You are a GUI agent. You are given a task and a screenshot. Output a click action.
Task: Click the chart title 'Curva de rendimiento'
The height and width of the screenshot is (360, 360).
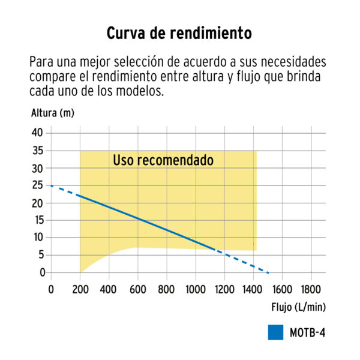179,33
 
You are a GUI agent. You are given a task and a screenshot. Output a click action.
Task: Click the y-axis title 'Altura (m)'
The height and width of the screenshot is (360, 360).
52,112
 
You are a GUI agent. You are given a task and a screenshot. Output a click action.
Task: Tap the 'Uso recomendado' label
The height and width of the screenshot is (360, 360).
163,161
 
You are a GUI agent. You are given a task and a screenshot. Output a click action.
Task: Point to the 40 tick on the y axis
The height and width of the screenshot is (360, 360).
38,133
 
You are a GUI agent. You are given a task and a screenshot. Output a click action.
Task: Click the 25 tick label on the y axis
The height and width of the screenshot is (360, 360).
38,185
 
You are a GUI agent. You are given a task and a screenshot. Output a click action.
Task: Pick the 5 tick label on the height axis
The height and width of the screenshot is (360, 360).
41,255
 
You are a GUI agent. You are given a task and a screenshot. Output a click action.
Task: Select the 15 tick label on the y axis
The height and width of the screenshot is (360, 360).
38,220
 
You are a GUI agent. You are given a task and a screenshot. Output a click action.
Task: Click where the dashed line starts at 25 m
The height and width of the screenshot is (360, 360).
51,185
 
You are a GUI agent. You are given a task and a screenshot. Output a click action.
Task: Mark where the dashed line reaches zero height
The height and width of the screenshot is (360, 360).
269,272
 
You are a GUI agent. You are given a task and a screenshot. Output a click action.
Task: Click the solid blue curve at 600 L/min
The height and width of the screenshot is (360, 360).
137,218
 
